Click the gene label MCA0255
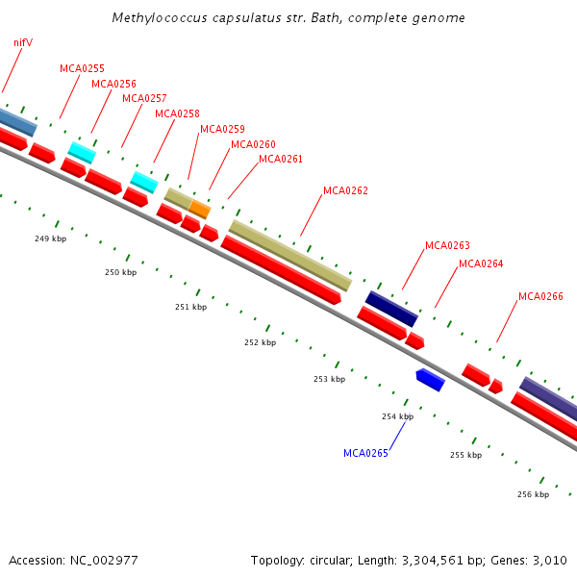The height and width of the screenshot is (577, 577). tap(82, 68)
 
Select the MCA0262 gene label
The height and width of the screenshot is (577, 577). tap(345, 190)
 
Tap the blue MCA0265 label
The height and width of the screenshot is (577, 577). tap(365, 453)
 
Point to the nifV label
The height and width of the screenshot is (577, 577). tap(23, 42)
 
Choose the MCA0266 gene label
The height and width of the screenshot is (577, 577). tap(540, 296)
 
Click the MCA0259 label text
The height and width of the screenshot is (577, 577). tap(222, 129)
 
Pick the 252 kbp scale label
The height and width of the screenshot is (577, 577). tap(260, 342)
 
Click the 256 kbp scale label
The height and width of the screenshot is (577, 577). tap(533, 494)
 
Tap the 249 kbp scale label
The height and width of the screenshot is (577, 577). tap(50, 238)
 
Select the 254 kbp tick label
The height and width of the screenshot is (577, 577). tap(397, 416)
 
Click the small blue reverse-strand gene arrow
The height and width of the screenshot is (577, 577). tap(430, 380)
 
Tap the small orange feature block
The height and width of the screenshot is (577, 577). tap(200, 209)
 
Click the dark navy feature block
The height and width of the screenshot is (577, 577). tap(391, 309)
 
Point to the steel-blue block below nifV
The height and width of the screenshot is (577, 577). tap(17, 121)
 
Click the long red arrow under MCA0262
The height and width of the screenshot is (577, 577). tap(281, 270)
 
